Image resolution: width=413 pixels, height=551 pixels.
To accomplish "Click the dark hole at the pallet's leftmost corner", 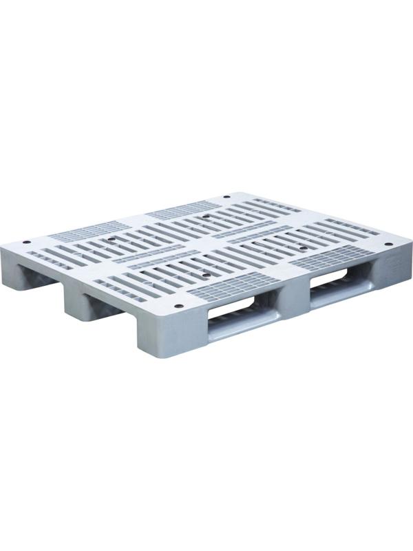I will click(27, 242).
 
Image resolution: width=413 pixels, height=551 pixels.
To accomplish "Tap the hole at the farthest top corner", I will click(228, 198).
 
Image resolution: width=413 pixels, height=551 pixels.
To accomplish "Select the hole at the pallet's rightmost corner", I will click(387, 245).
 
